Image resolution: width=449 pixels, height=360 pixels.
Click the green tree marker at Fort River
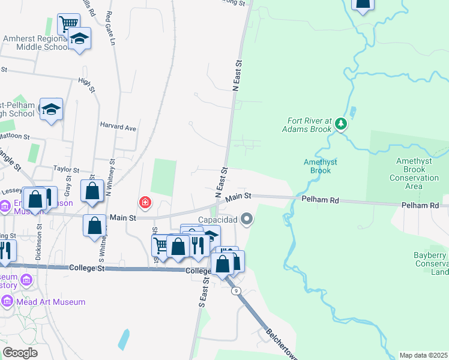tap(341, 124)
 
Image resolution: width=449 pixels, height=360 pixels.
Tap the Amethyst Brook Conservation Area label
tap(414, 173)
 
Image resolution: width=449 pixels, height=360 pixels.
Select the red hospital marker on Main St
tap(145, 203)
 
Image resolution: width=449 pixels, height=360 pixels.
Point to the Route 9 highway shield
tap(237, 291)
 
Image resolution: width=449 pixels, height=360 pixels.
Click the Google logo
tap(19, 353)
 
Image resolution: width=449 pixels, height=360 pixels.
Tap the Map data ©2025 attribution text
tap(423, 355)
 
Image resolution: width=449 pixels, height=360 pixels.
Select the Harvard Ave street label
tap(118, 127)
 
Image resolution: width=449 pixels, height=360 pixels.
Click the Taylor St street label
tap(66, 170)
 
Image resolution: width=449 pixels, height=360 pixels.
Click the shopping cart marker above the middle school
tap(68, 24)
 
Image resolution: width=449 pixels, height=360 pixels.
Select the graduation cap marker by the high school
tap(52, 109)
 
